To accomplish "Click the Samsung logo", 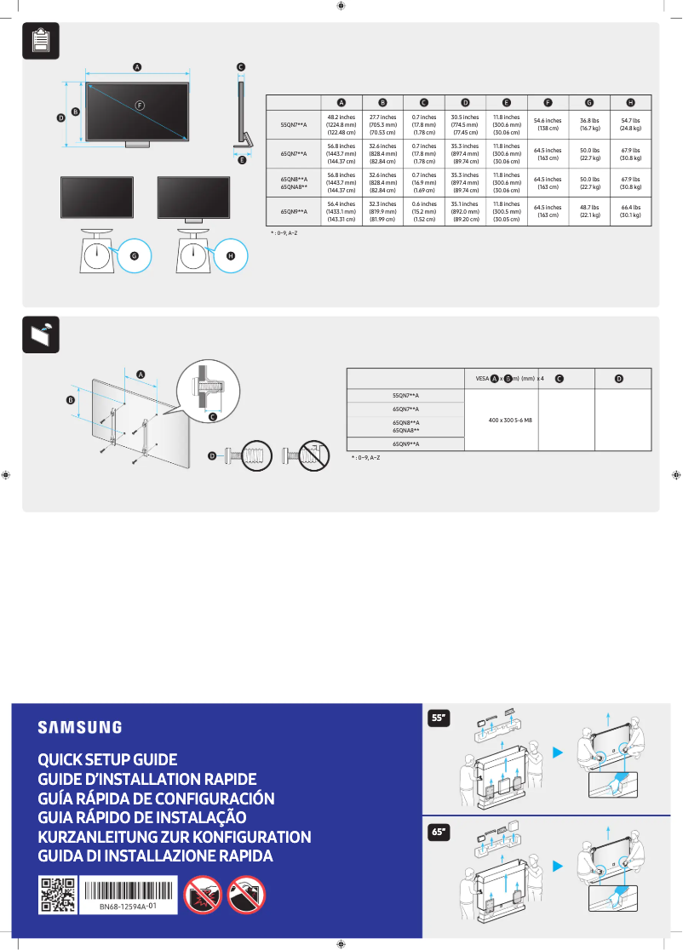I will (x=79, y=727).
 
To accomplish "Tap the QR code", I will (x=58, y=895).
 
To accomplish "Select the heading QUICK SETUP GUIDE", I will (x=107, y=759).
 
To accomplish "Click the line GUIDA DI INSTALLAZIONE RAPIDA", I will (x=155, y=856).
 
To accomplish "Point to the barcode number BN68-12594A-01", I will (x=128, y=907).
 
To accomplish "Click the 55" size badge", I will (x=439, y=718).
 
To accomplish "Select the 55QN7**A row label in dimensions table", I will (x=294, y=124).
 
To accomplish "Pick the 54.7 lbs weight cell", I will (x=630, y=124).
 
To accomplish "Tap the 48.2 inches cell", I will (x=341, y=124).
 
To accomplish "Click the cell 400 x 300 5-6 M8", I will (x=502, y=421).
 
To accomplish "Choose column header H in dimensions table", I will (x=630, y=102).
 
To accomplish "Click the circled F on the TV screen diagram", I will (x=139, y=104).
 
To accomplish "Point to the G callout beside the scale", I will (x=134, y=255).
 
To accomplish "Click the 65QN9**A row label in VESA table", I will (x=405, y=444).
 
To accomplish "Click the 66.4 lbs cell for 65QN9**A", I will (x=630, y=211).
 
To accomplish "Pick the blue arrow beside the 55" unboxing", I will (x=558, y=753).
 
